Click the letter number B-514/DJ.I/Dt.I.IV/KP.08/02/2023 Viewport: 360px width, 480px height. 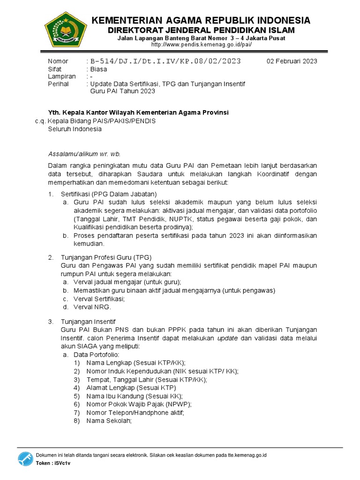[165, 61]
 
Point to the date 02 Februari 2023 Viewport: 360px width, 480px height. [292, 61]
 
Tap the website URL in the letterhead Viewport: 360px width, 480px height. [202, 45]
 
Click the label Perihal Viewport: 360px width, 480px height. [59, 84]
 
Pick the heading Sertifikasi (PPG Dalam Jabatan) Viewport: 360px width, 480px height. [109, 194]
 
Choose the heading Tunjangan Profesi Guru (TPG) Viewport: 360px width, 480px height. [106, 257]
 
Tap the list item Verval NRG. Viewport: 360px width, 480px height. [92, 307]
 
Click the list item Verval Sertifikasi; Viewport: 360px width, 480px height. [99, 299]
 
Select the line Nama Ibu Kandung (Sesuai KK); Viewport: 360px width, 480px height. [135, 396]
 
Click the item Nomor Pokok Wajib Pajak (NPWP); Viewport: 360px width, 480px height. [139, 404]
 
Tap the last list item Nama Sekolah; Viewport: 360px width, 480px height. [110, 421]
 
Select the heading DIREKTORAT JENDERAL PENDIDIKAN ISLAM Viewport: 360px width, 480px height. [200, 30]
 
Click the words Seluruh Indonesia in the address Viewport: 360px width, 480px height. [75, 129]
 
